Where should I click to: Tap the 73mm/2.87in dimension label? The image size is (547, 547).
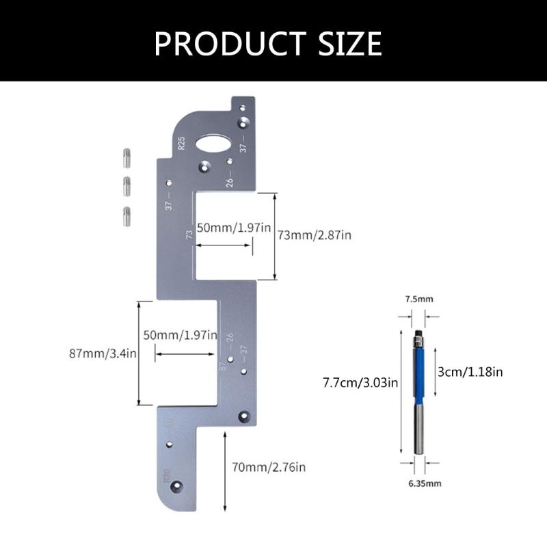coord(314,235)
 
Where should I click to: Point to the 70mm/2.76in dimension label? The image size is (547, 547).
coord(268,468)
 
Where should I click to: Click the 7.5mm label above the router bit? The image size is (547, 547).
coord(418,299)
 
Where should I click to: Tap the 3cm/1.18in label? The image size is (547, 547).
coord(469,372)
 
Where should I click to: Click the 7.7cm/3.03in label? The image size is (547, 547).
coord(360,383)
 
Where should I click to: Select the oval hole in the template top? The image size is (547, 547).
coord(214,144)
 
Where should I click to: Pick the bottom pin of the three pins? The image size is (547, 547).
coord(127,216)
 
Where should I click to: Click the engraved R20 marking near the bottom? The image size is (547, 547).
coord(165,474)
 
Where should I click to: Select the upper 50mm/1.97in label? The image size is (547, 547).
coord(230,228)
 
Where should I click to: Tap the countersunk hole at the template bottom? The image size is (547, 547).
coord(177,486)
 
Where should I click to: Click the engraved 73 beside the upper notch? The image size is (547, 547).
coord(189,235)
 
